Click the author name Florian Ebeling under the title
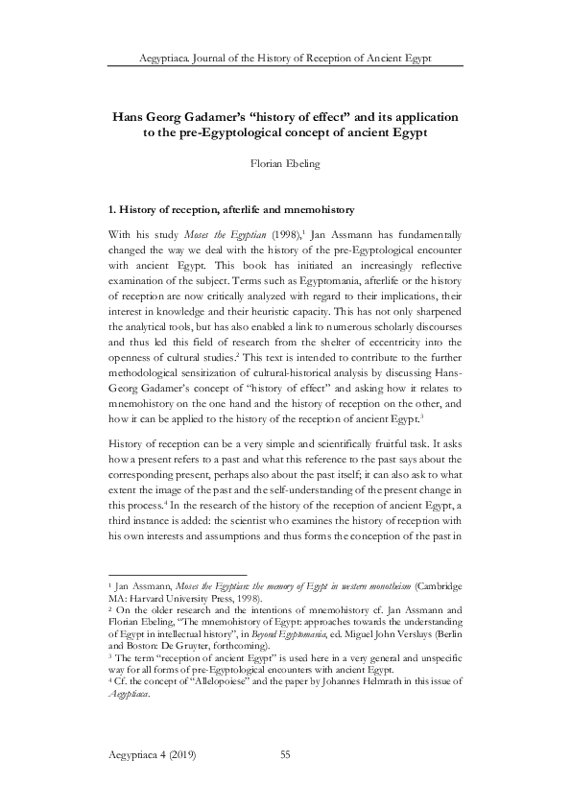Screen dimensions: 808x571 285,163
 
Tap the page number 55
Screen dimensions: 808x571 285,757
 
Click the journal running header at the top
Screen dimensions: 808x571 285,58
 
